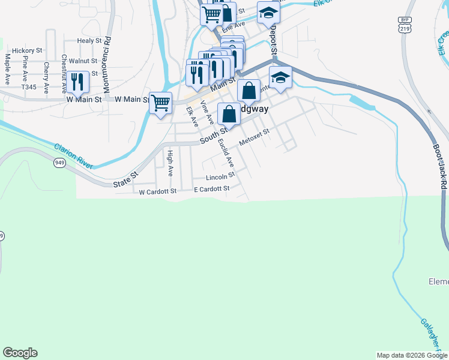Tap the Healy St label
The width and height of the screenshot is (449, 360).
click(89, 41)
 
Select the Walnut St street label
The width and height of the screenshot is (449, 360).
click(83, 61)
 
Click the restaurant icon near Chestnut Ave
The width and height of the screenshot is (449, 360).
click(78, 82)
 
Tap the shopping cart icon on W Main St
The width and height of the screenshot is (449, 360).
click(161, 103)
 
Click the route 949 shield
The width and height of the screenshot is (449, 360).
click(59, 163)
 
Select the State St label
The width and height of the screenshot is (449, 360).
click(126, 179)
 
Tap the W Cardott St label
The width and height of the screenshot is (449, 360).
click(157, 192)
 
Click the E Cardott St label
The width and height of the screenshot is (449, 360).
click(212, 189)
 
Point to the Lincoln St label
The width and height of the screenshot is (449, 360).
click(219, 178)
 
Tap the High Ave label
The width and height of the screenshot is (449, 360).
click(170, 163)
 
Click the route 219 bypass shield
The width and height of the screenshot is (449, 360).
click(405, 25)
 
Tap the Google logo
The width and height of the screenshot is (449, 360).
click(20, 353)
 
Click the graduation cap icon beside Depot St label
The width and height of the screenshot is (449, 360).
click(268, 13)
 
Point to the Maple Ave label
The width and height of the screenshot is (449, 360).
click(8, 68)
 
